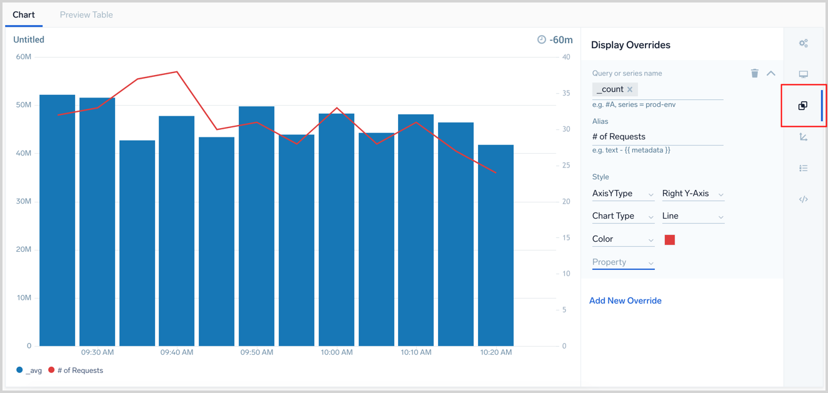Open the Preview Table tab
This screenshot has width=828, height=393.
tap(86, 14)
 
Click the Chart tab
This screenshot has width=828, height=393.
tap(24, 14)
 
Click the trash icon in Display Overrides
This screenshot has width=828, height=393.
tap(754, 73)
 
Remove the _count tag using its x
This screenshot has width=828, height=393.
tap(630, 89)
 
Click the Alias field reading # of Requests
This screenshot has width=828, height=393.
tap(657, 136)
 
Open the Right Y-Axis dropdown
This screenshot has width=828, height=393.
tap(692, 194)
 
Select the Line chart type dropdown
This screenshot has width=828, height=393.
tap(692, 216)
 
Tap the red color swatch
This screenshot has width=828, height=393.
tap(670, 240)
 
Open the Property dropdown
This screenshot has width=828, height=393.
tap(622, 262)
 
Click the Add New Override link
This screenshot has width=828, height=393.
tap(625, 301)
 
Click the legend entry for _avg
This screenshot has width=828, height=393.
tap(29, 371)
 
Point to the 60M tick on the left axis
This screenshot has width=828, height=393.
tap(24, 57)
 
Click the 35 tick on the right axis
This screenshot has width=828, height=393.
tap(566, 93)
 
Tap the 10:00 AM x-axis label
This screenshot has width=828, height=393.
tap(336, 352)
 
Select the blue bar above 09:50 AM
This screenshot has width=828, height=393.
tap(256, 226)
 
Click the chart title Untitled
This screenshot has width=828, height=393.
tap(29, 39)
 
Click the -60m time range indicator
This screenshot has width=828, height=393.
tap(555, 39)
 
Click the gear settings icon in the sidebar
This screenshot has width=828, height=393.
tap(804, 43)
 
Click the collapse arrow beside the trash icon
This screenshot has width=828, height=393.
tap(771, 73)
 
